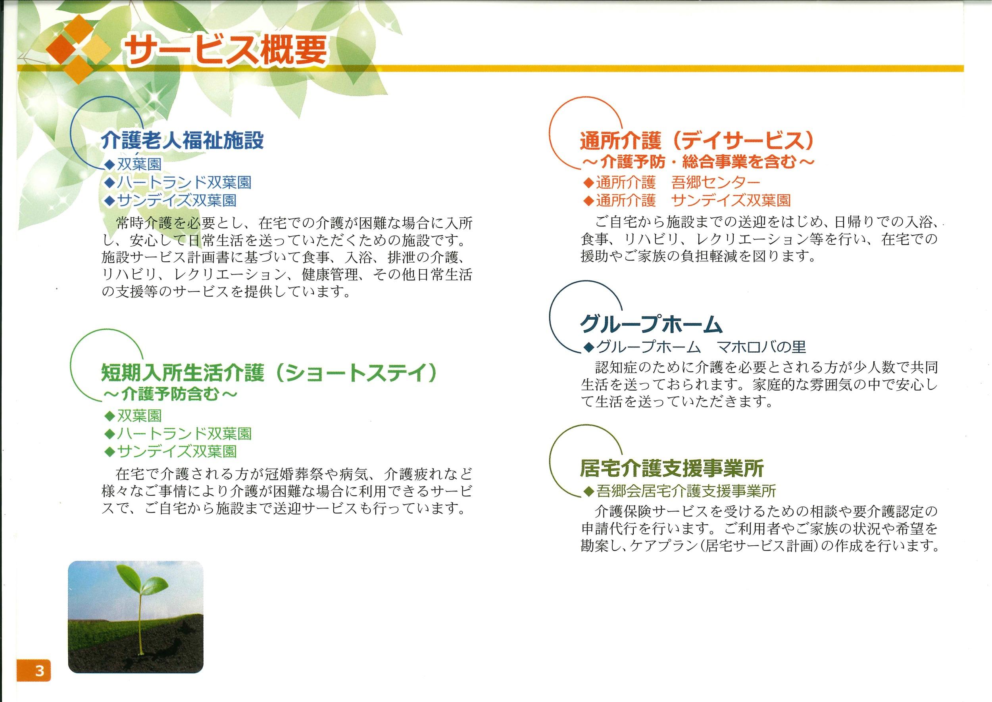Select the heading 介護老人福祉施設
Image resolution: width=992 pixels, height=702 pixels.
[x=182, y=140]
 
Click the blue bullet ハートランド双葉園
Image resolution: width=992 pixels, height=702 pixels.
[x=178, y=182]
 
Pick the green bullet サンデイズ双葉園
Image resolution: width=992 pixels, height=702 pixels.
[x=170, y=451]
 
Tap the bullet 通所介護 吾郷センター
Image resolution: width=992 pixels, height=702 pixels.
[x=671, y=182]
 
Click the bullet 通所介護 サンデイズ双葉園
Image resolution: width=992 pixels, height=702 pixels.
[x=687, y=200]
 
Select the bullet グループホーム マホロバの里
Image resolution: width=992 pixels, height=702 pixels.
[x=694, y=346]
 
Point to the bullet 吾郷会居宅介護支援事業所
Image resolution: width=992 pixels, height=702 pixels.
[x=679, y=491]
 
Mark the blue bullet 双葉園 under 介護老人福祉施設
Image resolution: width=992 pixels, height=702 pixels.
[x=133, y=164]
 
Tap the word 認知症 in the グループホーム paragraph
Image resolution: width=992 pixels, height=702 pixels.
[x=617, y=368]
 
